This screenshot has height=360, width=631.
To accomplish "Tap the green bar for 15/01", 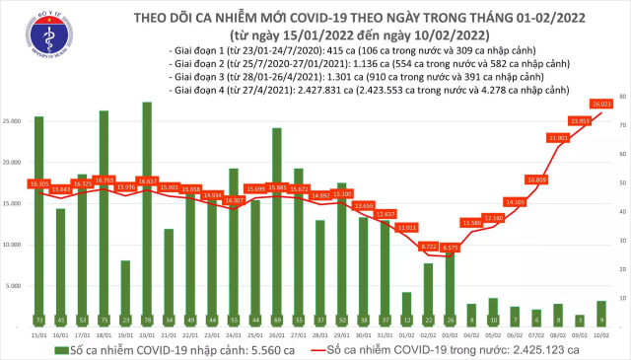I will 38,217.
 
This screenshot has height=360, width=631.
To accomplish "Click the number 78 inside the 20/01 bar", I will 147,320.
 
